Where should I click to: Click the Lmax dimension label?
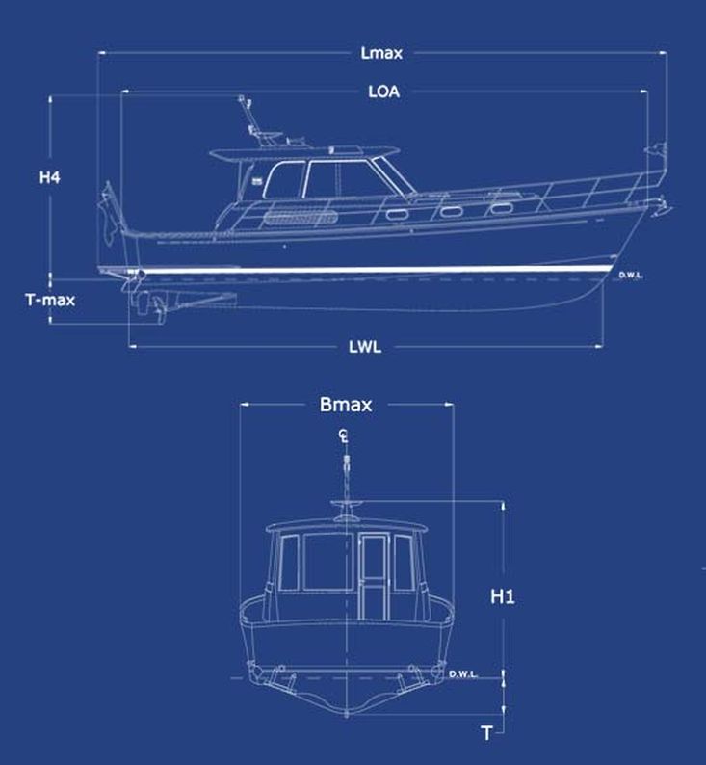pos(381,53)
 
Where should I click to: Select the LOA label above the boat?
pos(383,92)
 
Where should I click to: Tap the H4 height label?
pos(50,177)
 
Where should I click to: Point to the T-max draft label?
pos(50,299)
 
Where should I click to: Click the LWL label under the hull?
pos(365,346)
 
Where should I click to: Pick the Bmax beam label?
pos(346,405)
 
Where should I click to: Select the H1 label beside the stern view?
pos(503,597)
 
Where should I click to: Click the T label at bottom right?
pos(487,734)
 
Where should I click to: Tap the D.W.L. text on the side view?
pos(633,276)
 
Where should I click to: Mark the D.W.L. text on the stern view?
pos(462,673)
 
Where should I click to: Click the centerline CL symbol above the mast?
pos(344,437)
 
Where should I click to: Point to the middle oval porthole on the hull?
pos(451,209)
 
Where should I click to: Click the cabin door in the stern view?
pos(374,576)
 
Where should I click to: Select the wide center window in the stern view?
pos(330,563)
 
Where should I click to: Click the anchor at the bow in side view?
pos(661,206)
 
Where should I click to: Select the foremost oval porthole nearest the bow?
pos(500,206)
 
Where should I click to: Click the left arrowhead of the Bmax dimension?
pos(243,405)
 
